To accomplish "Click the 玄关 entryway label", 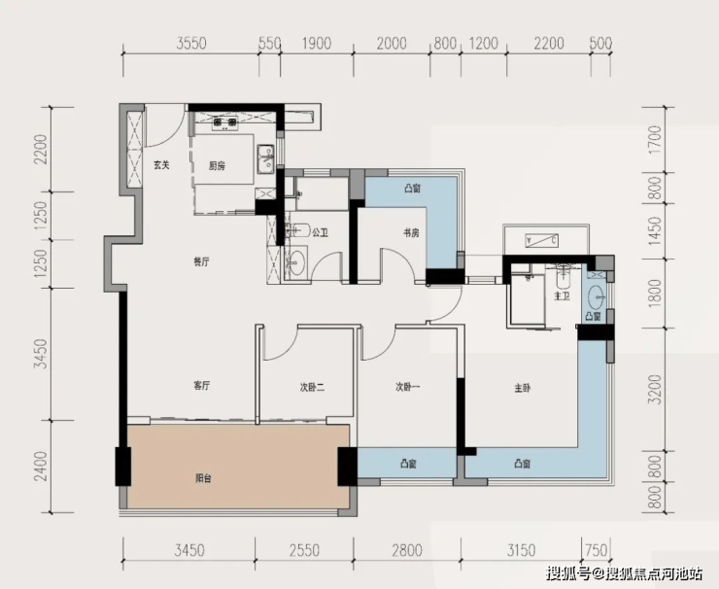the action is tap(161, 165).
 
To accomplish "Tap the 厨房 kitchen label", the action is tap(217, 165).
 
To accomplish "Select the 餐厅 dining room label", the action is tap(201, 262).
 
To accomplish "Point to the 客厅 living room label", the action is tap(202, 386).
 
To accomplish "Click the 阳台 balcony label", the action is tap(203, 478).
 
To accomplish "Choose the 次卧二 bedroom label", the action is tap(312, 388).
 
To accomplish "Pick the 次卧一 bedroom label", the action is tap(408, 387).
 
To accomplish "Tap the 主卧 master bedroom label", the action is tap(523, 388).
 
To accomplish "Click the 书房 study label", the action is tap(411, 233).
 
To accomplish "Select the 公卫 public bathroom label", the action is tap(320, 233).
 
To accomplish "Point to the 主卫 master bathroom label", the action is tap(562, 296).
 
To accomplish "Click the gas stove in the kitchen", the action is tap(224, 122).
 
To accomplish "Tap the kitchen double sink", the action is tap(265, 159).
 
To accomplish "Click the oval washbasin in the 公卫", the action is tap(297, 261).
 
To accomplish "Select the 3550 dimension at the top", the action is tap(191, 44).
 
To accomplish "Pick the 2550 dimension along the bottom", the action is tap(304, 550).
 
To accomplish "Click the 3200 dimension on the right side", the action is tap(657, 390).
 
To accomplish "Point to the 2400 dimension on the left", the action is tap(42, 467).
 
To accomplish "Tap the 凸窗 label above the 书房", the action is tap(413, 189).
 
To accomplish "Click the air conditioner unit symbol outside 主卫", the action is tap(541, 240).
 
